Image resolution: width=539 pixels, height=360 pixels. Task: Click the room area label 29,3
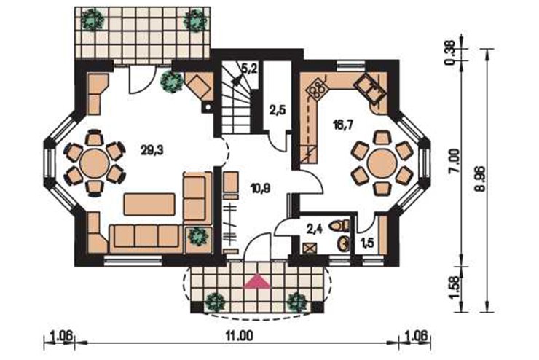(152, 150)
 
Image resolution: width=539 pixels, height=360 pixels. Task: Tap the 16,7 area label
(343, 123)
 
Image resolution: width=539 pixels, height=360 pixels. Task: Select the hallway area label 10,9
(260, 188)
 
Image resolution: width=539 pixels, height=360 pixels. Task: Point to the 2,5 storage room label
(278, 111)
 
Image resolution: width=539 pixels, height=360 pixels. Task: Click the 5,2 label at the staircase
(250, 69)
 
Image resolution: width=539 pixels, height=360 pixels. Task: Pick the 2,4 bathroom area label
(314, 230)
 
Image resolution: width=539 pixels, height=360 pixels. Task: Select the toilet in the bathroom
(339, 225)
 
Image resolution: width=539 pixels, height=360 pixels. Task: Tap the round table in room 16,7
(382, 164)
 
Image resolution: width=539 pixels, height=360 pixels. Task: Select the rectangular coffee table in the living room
(149, 204)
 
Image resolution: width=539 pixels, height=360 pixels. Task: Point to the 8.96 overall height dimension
(480, 179)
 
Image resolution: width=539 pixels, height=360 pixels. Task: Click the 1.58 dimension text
(455, 288)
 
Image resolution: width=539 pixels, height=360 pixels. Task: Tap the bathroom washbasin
(343, 244)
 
